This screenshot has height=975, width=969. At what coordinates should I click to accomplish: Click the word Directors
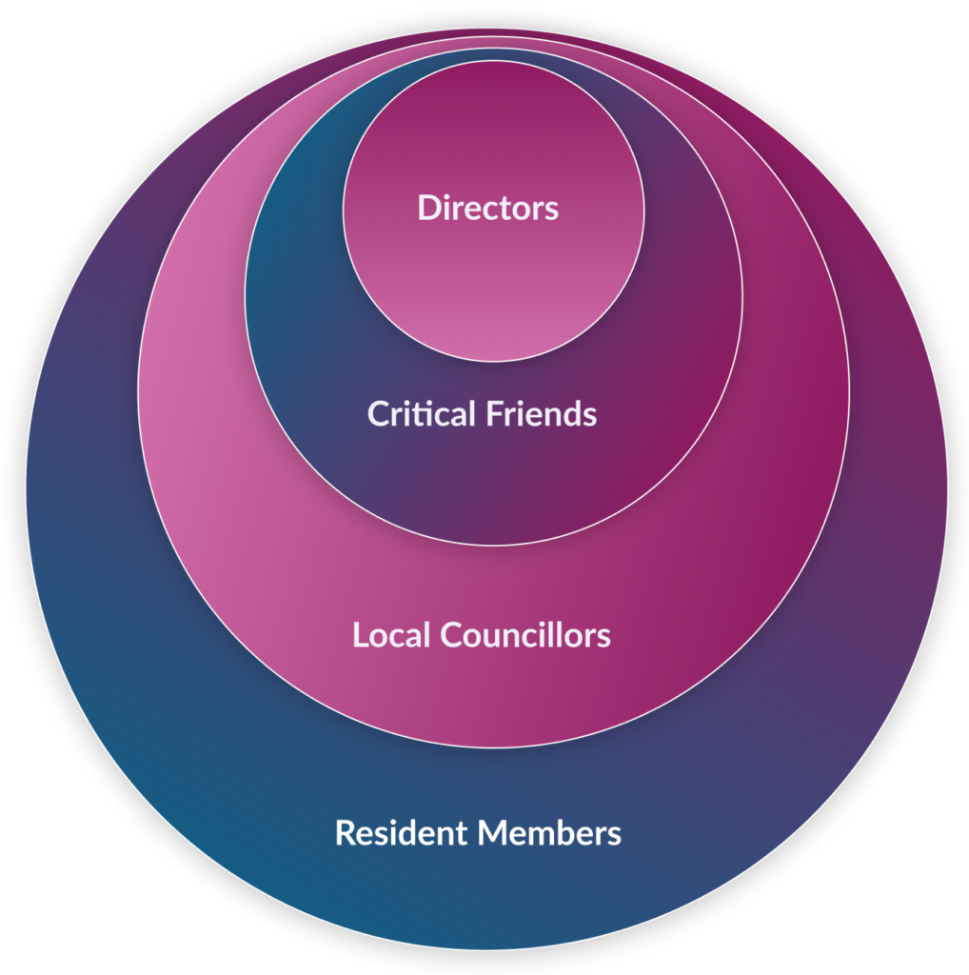pyautogui.click(x=488, y=208)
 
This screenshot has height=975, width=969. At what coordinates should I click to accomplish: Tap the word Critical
pyautogui.click(x=422, y=413)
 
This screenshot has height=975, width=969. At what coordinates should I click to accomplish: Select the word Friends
pyautogui.click(x=542, y=413)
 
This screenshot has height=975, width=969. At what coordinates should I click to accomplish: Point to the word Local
pyautogui.click(x=391, y=635)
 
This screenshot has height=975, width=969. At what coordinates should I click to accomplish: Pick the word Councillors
pyautogui.click(x=526, y=635)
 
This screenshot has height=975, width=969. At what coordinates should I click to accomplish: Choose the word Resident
pyautogui.click(x=402, y=832)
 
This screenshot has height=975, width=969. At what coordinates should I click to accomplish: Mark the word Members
pyautogui.click(x=551, y=832)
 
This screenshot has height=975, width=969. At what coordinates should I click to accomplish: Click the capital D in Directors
pyautogui.click(x=430, y=208)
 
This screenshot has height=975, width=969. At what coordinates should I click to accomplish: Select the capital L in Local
pyautogui.click(x=361, y=635)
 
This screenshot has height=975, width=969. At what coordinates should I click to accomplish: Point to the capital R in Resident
pyautogui.click(x=346, y=833)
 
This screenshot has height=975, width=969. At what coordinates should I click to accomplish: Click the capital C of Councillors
pyautogui.click(x=453, y=635)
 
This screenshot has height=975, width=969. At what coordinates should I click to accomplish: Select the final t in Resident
pyautogui.click(x=462, y=834)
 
